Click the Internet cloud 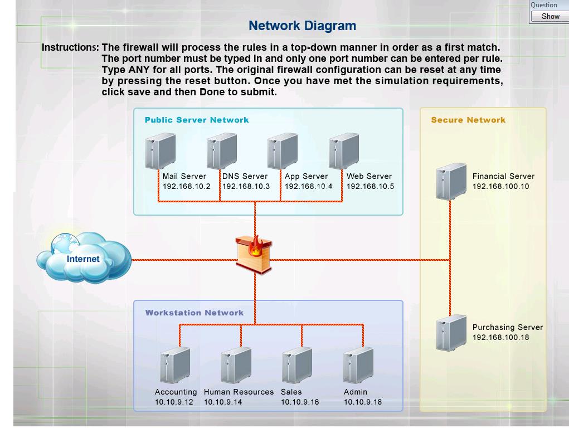point(84,258)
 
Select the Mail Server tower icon point(161,150)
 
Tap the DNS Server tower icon point(222,150)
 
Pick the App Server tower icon point(283,150)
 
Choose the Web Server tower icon point(344,150)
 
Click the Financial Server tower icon point(451,181)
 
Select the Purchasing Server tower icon point(451,333)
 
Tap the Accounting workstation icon point(174,365)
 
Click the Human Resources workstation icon point(236,365)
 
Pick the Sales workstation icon point(296,365)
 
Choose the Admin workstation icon point(358,365)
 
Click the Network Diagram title point(302,26)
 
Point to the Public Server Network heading point(197,120)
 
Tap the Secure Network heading point(468,120)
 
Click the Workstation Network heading point(194,313)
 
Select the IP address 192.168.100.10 point(500,187)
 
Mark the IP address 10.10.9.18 point(363,402)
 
